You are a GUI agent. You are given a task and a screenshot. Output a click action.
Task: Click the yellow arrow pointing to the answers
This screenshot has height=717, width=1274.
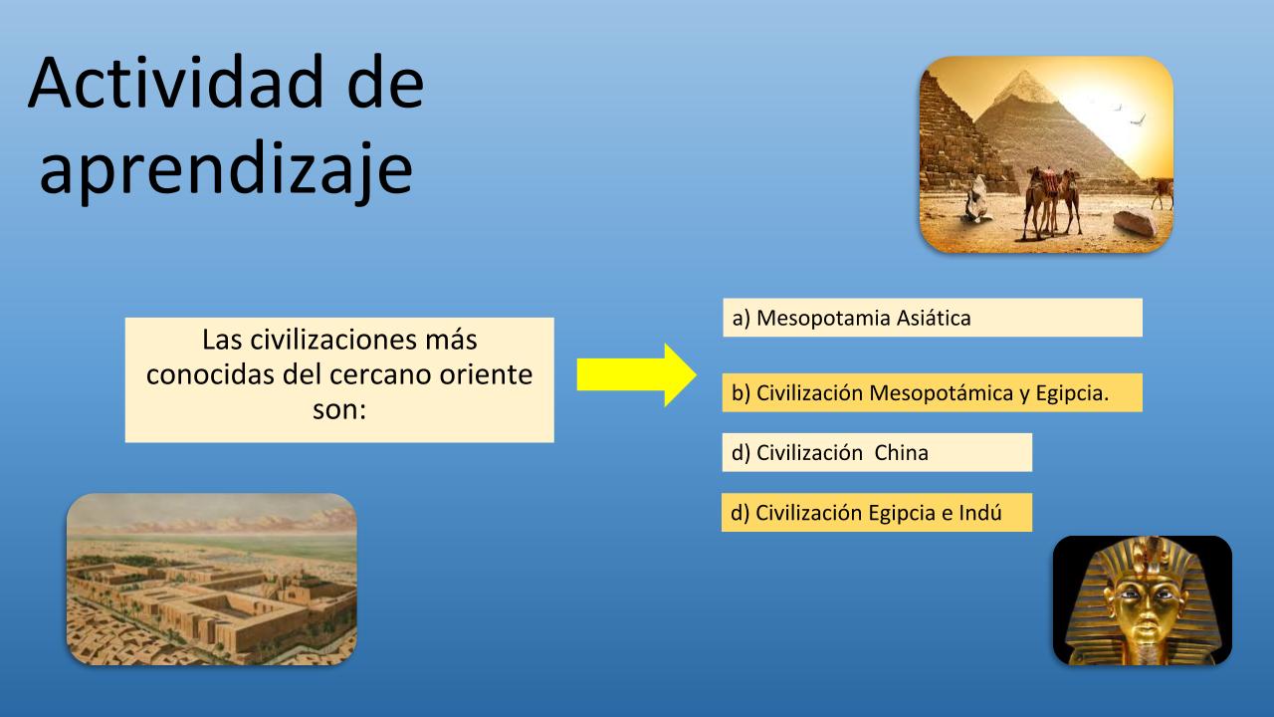[636, 374]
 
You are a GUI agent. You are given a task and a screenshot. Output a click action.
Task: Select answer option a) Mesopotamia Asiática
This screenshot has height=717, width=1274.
[933, 318]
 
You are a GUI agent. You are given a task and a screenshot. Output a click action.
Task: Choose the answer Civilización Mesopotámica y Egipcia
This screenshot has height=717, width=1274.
[933, 392]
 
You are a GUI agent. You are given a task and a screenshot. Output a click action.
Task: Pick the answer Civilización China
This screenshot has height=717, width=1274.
[877, 452]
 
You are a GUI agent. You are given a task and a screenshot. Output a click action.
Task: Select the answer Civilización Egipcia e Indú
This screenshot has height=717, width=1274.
[877, 513]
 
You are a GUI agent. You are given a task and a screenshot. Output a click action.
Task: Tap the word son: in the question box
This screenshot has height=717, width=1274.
[339, 409]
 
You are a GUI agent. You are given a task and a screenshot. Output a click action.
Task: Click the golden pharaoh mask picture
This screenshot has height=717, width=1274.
[1142, 600]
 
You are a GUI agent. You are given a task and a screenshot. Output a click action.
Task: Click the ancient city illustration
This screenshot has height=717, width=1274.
[212, 580]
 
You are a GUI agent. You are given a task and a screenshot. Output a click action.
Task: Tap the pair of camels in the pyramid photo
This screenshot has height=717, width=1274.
[1052, 203]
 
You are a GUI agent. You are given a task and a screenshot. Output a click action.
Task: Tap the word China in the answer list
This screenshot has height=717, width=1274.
[901, 453]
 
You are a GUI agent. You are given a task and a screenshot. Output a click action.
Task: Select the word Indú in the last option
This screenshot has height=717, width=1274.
[980, 513]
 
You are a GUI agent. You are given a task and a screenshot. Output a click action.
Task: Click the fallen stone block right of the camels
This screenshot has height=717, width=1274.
[1135, 223]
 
